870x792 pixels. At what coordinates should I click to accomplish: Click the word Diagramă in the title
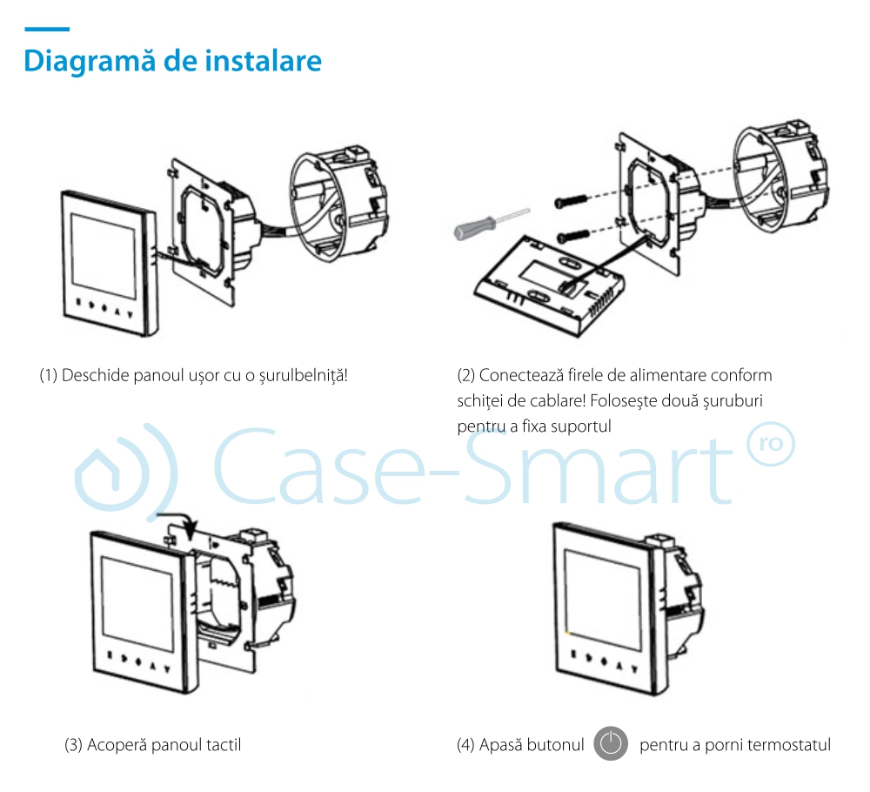90,61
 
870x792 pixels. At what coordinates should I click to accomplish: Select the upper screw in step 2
571,201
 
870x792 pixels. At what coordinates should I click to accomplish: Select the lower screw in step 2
573,237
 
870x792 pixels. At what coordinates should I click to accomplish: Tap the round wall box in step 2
782,175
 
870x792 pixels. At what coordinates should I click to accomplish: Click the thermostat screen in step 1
104,255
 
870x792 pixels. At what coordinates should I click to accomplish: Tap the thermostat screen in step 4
603,592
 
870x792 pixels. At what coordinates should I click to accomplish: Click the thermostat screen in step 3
137,604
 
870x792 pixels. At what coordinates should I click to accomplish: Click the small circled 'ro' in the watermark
771,443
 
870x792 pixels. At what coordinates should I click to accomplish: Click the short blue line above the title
47,29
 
